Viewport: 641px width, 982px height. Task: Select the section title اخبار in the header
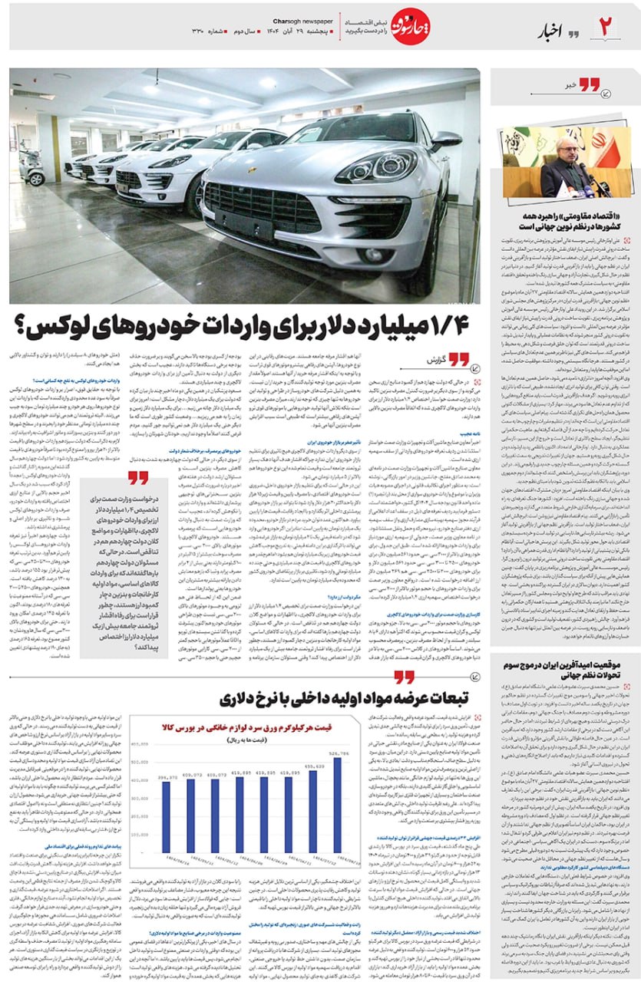pyautogui.click(x=553, y=31)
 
